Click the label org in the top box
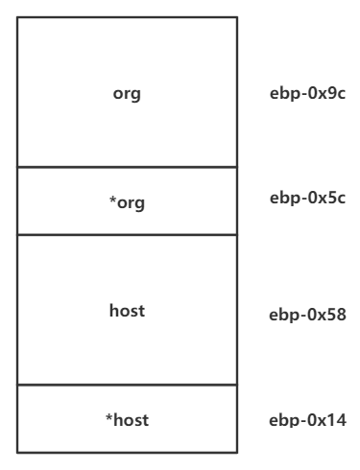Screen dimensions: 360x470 tap(127, 94)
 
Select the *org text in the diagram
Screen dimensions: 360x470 tap(127, 202)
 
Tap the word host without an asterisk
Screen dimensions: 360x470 tap(127, 311)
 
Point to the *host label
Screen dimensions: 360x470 tap(127, 420)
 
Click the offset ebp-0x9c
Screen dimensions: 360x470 tap(307, 94)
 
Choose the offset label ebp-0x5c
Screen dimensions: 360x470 tap(307, 198)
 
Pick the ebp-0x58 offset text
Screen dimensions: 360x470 tap(307, 315)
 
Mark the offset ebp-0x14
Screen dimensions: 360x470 tap(307, 420)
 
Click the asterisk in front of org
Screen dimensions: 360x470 tap(112, 200)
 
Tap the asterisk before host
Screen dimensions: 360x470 tap(109, 417)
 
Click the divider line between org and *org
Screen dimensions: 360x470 tap(127, 167)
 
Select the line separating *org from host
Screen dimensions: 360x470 tap(127, 235)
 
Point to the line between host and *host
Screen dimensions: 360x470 tap(127, 385)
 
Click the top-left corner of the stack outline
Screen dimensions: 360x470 tap(17, 17)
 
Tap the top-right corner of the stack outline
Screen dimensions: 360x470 tap(237, 17)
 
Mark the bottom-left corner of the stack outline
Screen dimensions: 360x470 tap(17, 453)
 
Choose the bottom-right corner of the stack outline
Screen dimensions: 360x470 tap(237, 453)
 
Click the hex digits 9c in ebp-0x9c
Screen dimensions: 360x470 tap(337, 93)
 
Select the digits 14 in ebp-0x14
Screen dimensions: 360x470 tap(338, 420)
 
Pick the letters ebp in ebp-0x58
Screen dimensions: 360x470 tap(283, 316)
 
